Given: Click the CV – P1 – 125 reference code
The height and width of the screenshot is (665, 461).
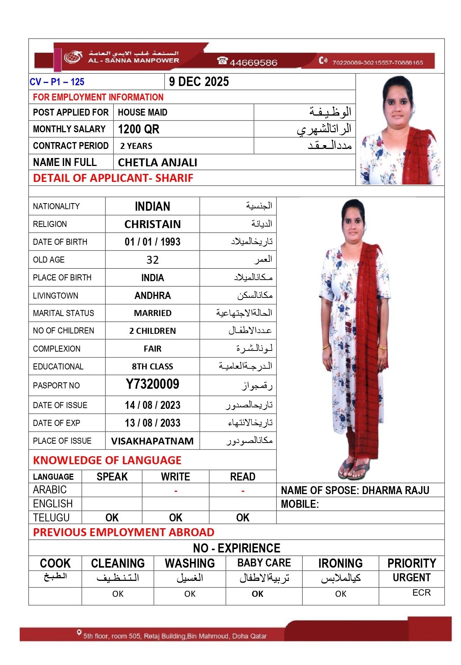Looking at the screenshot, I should (x=57, y=82).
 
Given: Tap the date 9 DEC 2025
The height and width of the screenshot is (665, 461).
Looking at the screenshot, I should (x=199, y=82).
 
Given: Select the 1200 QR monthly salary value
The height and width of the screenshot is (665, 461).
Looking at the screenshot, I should (x=138, y=129).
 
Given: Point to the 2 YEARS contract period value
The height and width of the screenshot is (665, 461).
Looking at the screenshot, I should (x=136, y=146).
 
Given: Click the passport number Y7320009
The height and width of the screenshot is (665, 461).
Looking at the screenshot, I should (x=152, y=384).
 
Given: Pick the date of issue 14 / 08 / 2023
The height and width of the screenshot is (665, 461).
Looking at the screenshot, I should (x=152, y=405).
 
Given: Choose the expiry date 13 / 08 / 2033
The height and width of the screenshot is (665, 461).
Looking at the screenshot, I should (x=152, y=423).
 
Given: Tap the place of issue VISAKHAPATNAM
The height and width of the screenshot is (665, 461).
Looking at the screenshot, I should (x=152, y=441).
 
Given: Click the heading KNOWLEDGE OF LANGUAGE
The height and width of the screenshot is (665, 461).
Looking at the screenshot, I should (x=107, y=460).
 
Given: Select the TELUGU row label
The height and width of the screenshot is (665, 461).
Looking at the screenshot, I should (x=51, y=518).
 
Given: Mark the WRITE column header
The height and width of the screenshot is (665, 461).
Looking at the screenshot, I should (x=176, y=477).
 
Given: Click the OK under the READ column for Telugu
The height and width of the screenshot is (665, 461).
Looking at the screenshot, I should (x=243, y=518).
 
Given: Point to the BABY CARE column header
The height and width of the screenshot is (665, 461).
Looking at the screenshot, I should (x=264, y=563).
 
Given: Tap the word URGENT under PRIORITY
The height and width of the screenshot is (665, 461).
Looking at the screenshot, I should (x=411, y=577).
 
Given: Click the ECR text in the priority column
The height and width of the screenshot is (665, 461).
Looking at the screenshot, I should (x=421, y=593).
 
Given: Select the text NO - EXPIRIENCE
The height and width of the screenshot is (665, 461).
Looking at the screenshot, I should (x=237, y=548).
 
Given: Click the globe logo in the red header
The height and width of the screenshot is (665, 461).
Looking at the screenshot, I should (x=73, y=57).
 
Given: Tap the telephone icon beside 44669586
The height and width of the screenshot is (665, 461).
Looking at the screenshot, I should (x=222, y=61).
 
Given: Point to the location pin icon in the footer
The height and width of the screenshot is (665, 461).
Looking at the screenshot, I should (x=79, y=632).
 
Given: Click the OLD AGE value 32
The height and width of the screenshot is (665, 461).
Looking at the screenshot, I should (x=152, y=260).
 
